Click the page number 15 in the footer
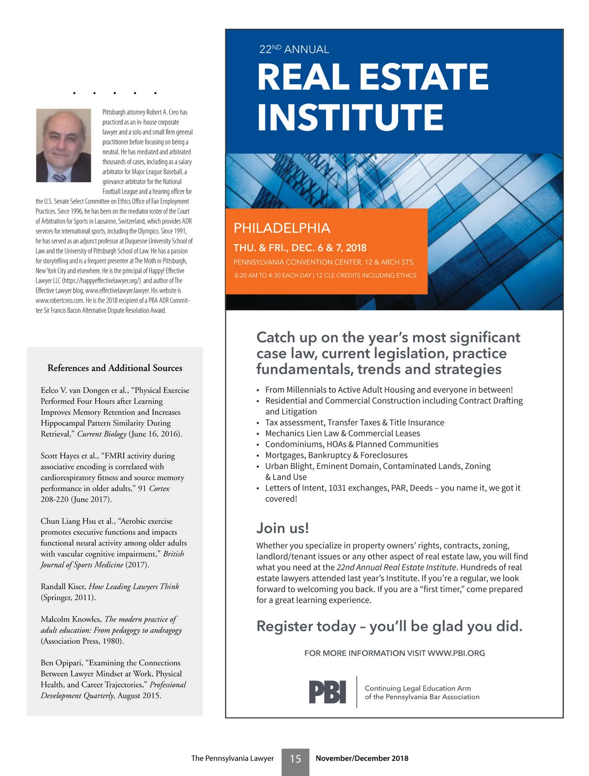click(295, 759)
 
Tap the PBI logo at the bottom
click(327, 692)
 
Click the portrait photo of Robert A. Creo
click(63, 145)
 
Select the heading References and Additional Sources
click(115, 368)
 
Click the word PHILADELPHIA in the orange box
click(282, 228)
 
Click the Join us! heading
click(282, 528)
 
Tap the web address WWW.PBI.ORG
click(456, 653)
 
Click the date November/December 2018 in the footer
click(362, 758)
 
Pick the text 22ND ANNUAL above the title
click(294, 49)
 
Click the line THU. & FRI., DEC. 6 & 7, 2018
click(300, 248)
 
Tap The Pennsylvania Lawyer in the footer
click(232, 758)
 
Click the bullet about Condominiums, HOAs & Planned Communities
click(351, 444)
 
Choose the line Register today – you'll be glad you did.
click(389, 626)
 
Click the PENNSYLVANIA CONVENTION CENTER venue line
click(324, 262)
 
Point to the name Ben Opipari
click(61, 663)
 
